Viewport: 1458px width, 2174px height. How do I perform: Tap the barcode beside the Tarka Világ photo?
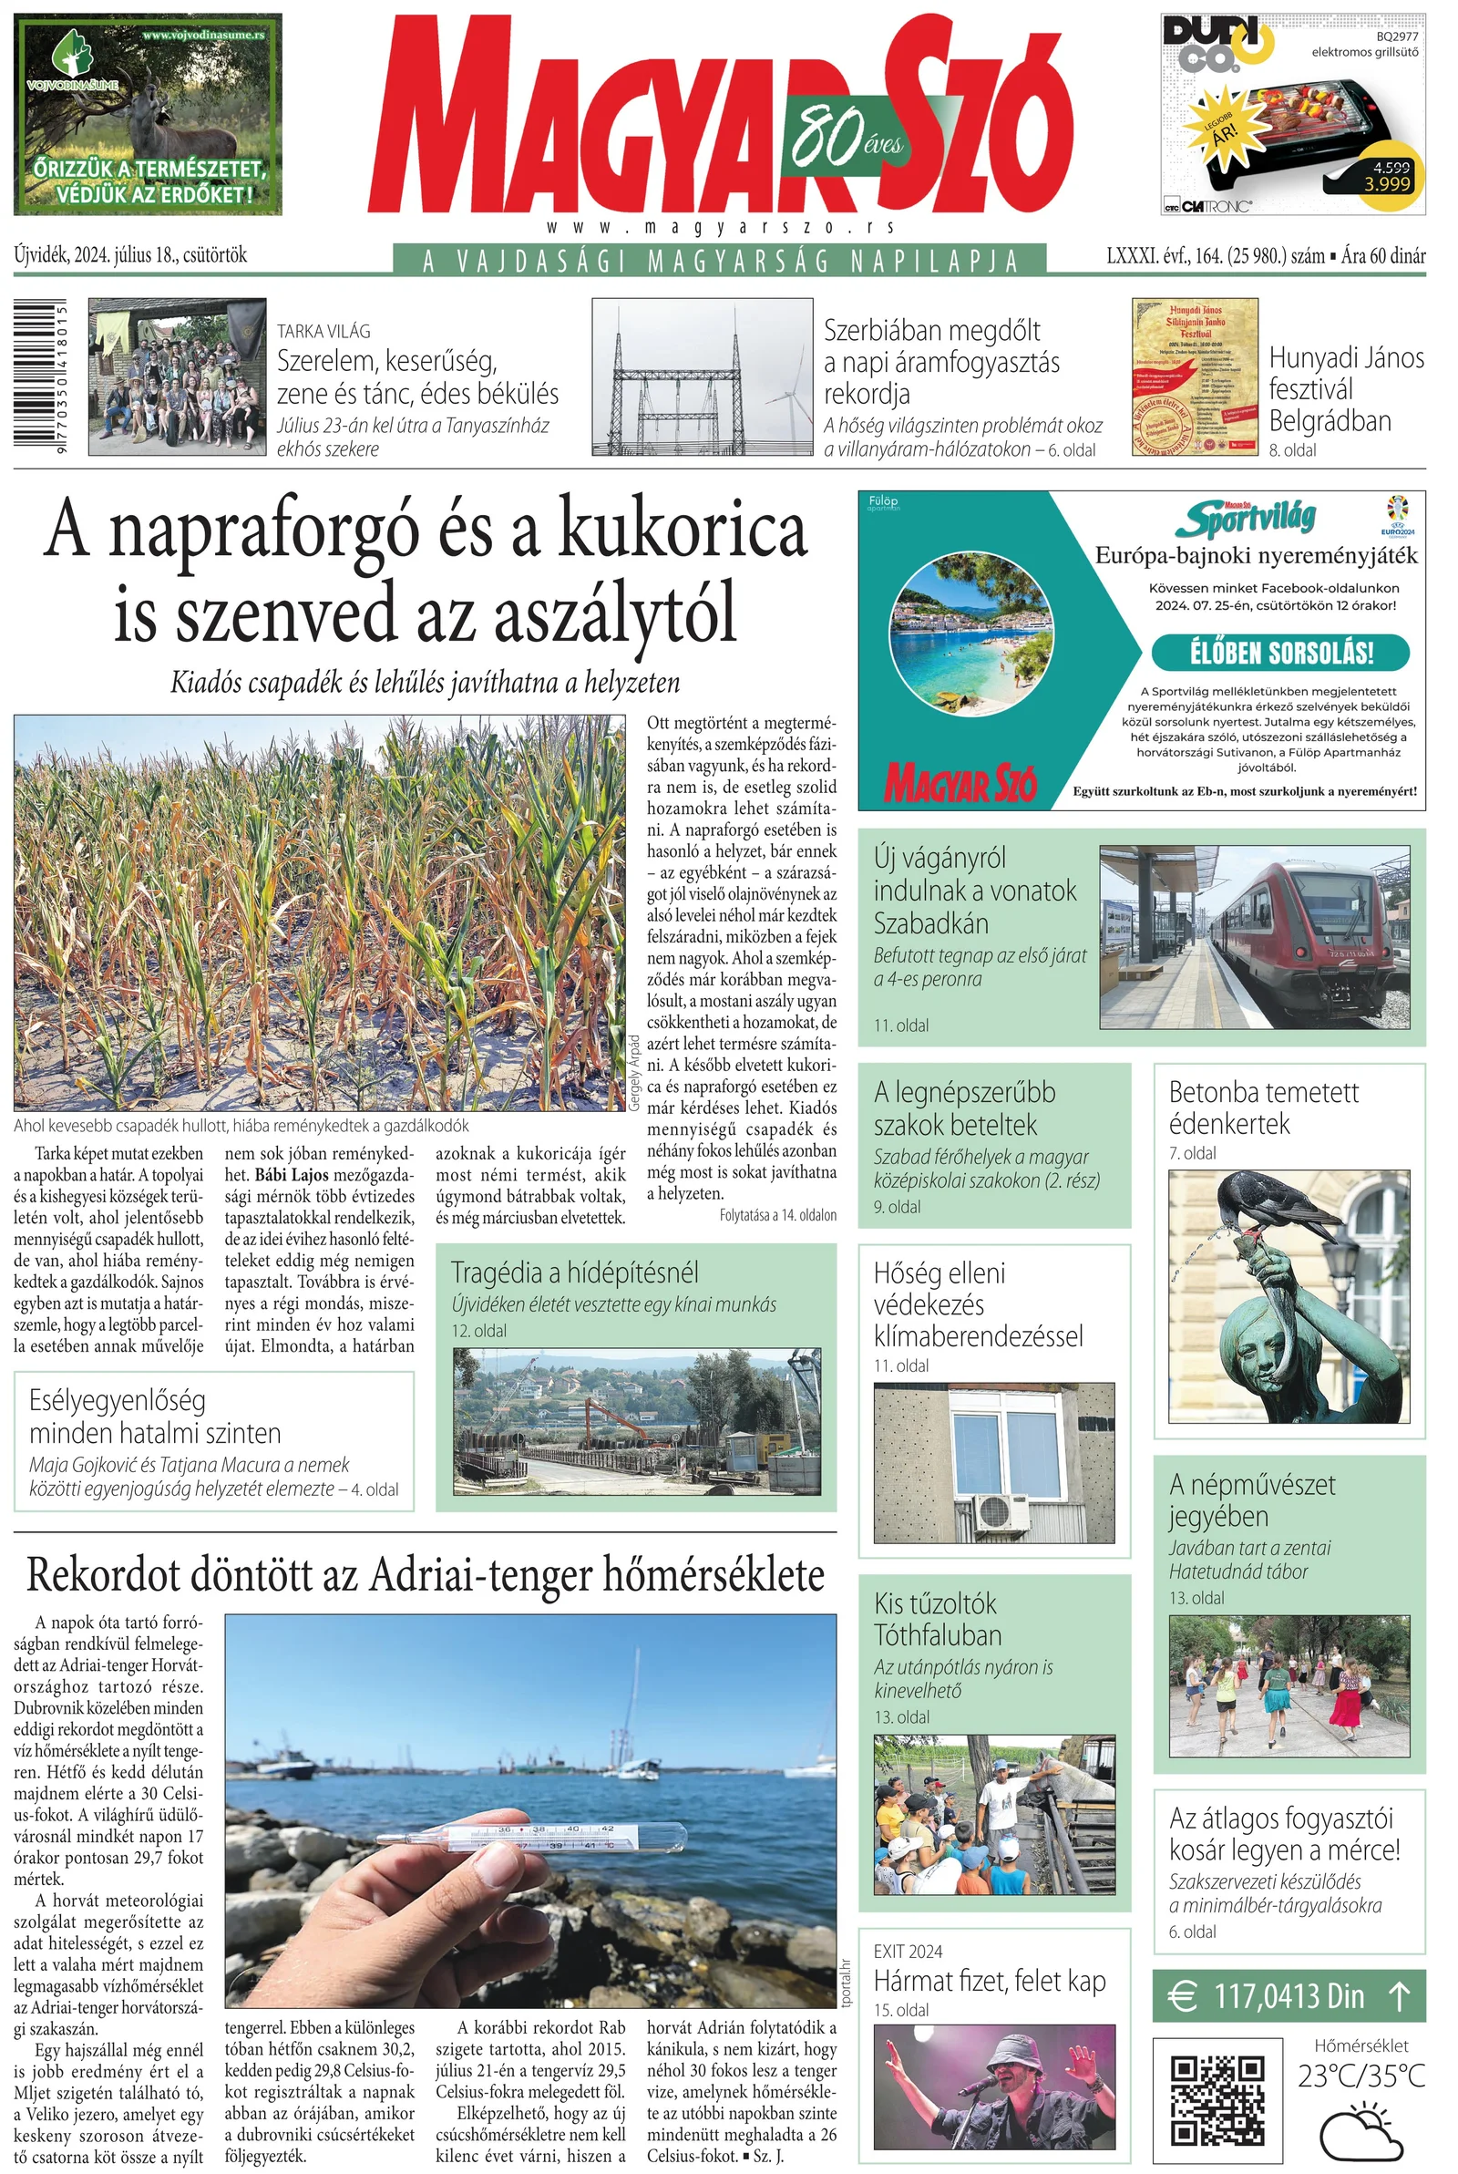pyautogui.click(x=39, y=376)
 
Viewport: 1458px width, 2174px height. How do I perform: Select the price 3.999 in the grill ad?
pyautogui.click(x=1387, y=184)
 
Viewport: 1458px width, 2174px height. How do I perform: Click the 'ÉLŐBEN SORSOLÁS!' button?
pyautogui.click(x=1279, y=653)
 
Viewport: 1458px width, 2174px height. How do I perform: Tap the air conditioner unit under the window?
pyautogui.click(x=1001, y=1511)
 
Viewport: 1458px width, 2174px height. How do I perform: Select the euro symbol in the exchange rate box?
pyautogui.click(x=1181, y=1995)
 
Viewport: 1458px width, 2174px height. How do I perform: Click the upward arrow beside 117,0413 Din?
pyautogui.click(x=1400, y=1995)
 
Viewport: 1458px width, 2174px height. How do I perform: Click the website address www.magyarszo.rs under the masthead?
pyautogui.click(x=722, y=228)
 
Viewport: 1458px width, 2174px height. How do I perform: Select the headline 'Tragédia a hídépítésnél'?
pyautogui.click(x=575, y=1273)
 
